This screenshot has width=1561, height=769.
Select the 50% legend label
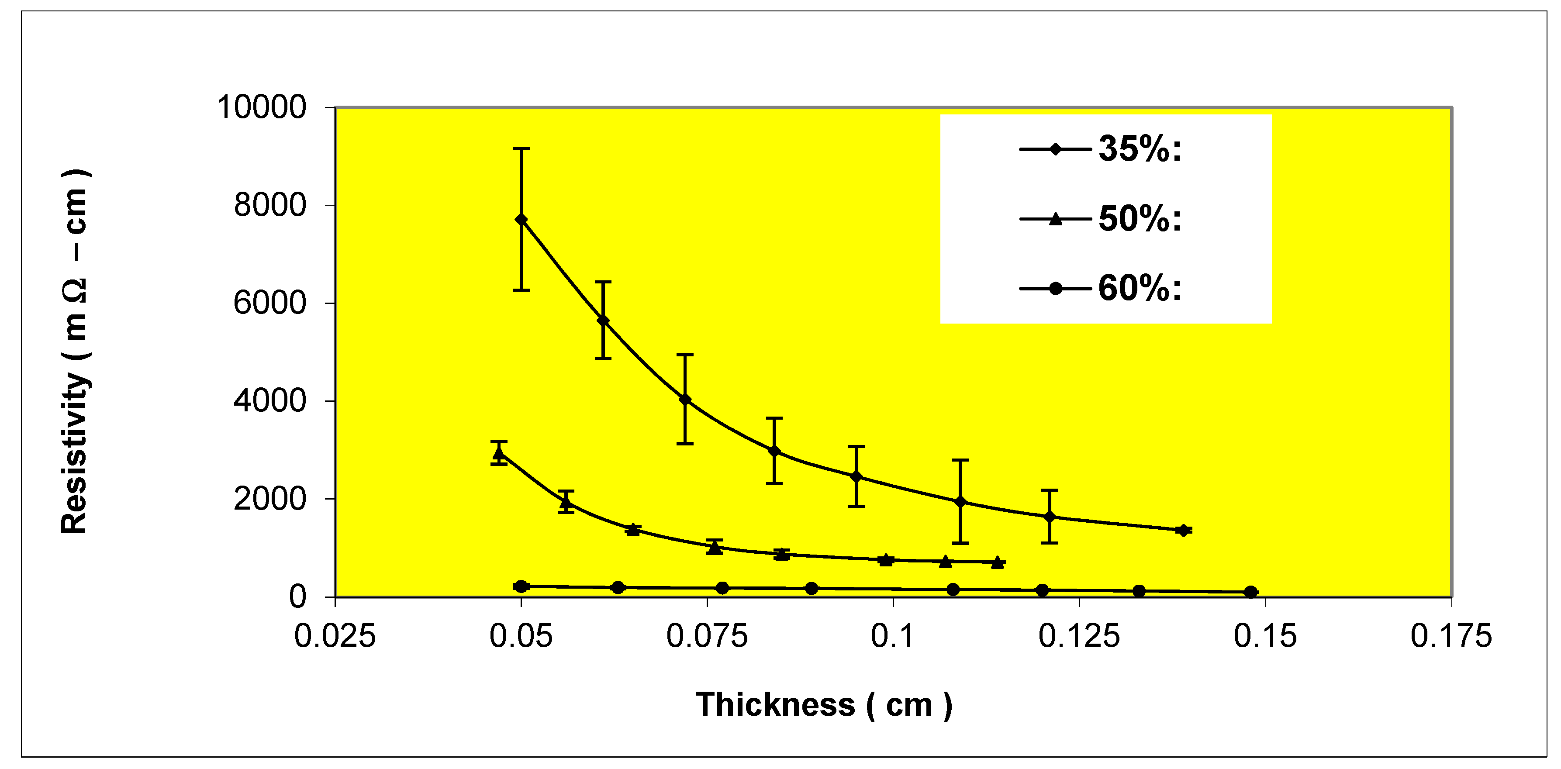[1139, 219]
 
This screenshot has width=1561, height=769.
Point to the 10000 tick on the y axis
[262, 107]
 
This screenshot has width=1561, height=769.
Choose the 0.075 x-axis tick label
[707, 636]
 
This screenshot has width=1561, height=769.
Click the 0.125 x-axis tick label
[1079, 636]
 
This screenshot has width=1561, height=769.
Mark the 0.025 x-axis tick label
[335, 636]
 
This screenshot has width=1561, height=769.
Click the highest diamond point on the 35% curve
[521, 219]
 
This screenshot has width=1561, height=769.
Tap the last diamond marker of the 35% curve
[1183, 530]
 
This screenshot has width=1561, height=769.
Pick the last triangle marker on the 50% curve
[998, 562]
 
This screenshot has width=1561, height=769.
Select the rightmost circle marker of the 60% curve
[1251, 592]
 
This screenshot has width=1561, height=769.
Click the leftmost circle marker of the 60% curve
[521, 586]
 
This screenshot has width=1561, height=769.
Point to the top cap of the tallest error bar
[521, 148]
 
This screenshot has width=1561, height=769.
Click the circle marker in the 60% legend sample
[1055, 289]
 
